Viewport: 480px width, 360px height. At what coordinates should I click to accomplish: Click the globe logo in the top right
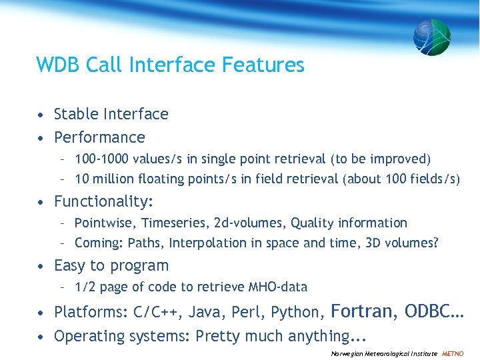(431, 37)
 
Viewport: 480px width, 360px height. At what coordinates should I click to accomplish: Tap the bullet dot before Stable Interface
(41, 115)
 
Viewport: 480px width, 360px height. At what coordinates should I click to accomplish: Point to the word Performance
(99, 137)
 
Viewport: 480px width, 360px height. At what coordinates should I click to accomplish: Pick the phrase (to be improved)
(381, 159)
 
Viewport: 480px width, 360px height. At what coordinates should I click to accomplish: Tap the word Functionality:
(104, 201)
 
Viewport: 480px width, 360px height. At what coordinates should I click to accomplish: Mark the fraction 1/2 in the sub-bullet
(85, 287)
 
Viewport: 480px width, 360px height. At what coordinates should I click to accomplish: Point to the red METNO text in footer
(453, 353)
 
